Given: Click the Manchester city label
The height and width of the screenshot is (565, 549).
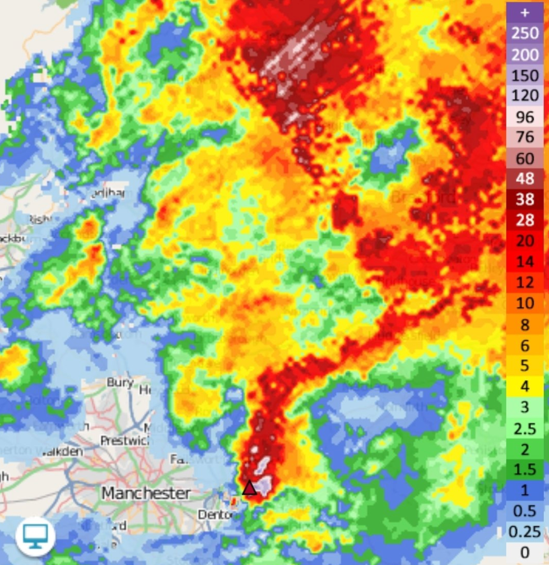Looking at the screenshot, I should click(146, 493).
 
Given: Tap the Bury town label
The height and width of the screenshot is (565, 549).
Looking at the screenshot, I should click(120, 383).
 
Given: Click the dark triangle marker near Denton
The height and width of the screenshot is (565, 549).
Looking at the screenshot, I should click(249, 488).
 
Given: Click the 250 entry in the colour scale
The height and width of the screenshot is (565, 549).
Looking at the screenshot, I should click(525, 33).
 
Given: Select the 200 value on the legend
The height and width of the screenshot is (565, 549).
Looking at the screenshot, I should click(525, 54).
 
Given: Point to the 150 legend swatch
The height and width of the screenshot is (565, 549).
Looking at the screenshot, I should click(525, 74).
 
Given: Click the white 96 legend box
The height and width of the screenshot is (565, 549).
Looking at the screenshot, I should click(525, 116).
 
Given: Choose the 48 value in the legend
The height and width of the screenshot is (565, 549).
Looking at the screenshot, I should click(525, 179).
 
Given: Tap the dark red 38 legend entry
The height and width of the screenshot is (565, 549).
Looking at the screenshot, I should click(525, 200).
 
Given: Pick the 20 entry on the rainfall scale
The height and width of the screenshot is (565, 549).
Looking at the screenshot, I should click(525, 241).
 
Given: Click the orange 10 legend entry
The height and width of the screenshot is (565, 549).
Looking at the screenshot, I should click(525, 304).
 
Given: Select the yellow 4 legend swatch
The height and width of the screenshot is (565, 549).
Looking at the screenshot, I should click(525, 386).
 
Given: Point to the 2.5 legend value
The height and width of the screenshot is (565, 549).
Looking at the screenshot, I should click(525, 429).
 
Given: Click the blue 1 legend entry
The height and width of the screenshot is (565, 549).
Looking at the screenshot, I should click(525, 490).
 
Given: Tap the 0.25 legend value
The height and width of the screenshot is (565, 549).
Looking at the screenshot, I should click(525, 531).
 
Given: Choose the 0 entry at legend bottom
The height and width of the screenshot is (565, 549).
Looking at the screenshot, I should click(525, 553).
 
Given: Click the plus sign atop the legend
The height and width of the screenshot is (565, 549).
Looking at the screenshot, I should click(525, 12).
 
